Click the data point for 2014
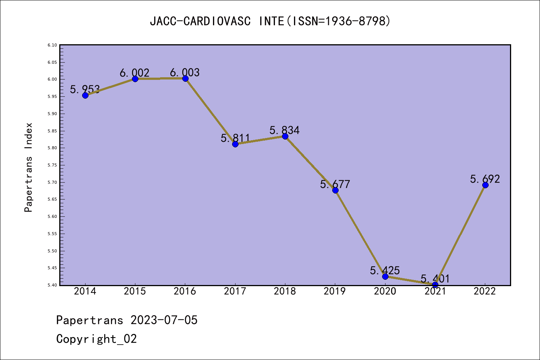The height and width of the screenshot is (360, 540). [x=85, y=95]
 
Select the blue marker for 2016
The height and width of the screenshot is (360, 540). [x=185, y=78]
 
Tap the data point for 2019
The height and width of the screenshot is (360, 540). [x=335, y=190]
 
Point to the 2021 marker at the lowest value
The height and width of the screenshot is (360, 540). [x=435, y=285]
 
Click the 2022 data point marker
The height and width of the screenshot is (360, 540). [x=485, y=185]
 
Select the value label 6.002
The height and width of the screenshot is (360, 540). [x=135, y=73]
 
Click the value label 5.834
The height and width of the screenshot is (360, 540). [x=285, y=130]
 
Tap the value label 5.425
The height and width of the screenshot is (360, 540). [x=385, y=270]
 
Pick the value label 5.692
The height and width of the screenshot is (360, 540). [x=485, y=179]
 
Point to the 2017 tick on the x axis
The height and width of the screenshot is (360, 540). [x=235, y=291]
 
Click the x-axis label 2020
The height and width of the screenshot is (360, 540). [x=385, y=291]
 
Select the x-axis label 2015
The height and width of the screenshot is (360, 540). [x=135, y=291]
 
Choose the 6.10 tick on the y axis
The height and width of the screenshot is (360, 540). [x=52, y=45]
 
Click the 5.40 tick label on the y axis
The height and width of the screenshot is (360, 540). [x=52, y=285]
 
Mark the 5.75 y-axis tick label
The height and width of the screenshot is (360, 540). [x=52, y=165]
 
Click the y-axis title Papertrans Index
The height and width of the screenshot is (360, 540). [x=28, y=167]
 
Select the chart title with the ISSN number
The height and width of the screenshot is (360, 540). [x=270, y=21]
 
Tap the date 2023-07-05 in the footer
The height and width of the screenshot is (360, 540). [x=164, y=320]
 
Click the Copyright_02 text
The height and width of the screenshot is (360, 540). [x=96, y=339]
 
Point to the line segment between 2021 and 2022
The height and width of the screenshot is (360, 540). [x=460, y=235]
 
